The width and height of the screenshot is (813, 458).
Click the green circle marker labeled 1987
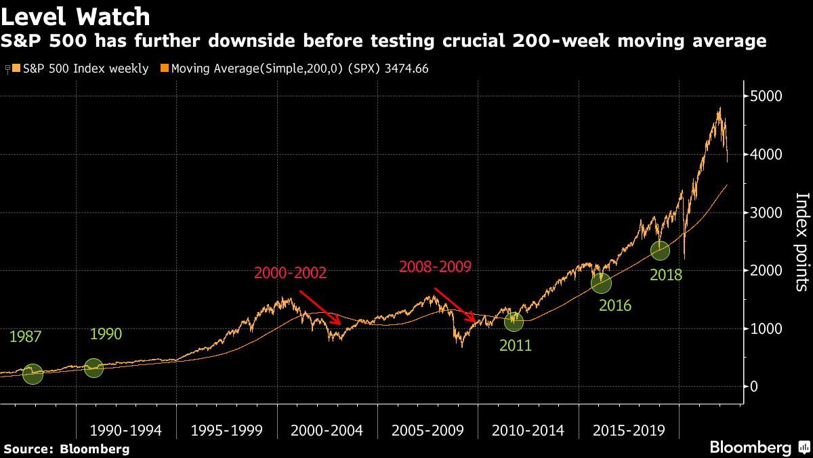pos(33,374)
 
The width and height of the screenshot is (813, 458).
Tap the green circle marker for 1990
pos(94,368)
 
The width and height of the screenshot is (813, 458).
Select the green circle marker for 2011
pos(514,321)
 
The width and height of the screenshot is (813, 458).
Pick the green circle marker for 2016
pos(601,283)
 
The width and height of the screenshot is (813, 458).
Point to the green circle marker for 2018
pos(660,250)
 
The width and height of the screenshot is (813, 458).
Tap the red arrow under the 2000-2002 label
pos(320,307)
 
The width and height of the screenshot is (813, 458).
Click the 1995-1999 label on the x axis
pos(226,430)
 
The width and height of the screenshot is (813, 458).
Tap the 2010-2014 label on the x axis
pos(528,430)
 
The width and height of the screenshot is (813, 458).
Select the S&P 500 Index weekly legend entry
pos(81,69)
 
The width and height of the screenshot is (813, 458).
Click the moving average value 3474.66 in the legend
pos(405,69)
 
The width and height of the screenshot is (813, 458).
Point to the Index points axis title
pos(801,242)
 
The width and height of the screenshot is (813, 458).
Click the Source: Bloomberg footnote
pos(66,449)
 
